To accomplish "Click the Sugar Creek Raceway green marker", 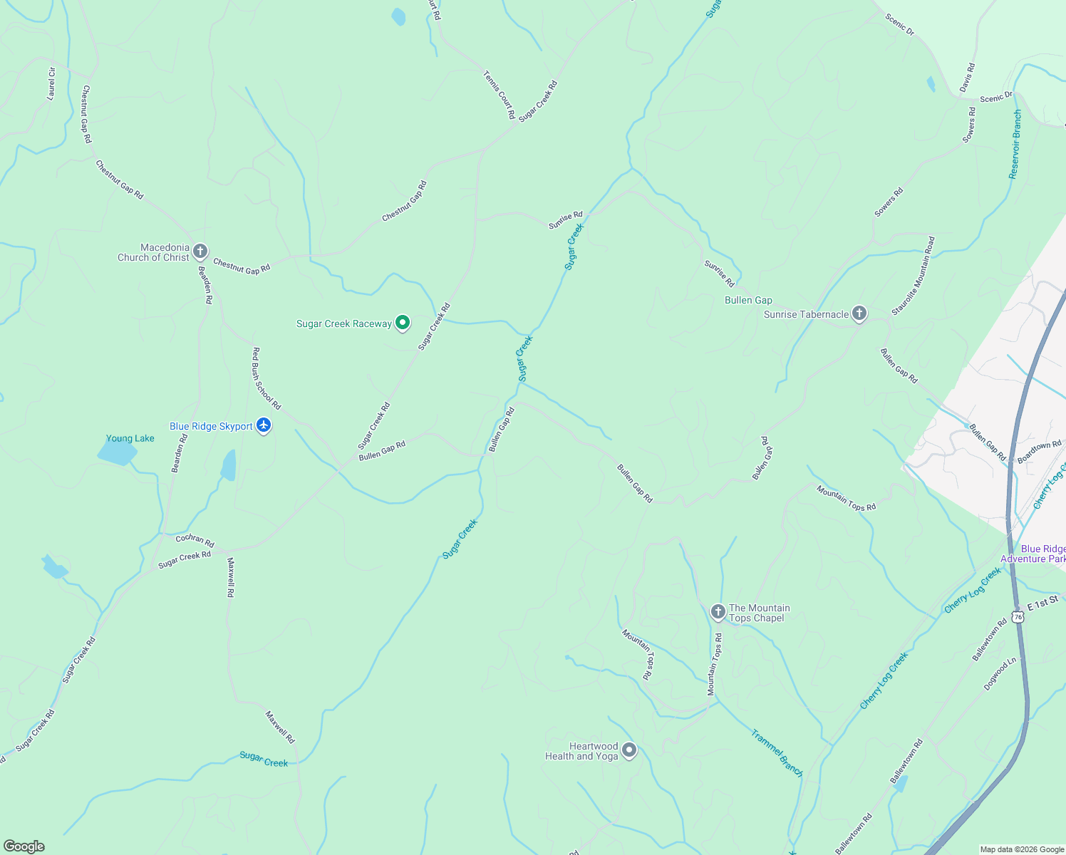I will (x=403, y=323).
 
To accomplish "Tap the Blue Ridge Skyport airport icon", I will (x=264, y=426).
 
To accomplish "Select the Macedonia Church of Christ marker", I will (x=200, y=252).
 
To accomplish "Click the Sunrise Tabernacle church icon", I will (x=859, y=313).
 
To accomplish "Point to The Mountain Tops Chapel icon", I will (x=718, y=612).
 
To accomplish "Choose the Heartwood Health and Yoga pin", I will (x=629, y=750).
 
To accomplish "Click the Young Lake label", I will (x=130, y=438).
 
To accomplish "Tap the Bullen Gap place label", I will (x=748, y=300).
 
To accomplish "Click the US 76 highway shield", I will (x=1018, y=616).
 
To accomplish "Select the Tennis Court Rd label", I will (x=499, y=94).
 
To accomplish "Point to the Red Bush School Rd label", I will (x=266, y=378).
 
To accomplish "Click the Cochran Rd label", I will (x=195, y=541).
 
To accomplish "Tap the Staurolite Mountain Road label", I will (x=914, y=276).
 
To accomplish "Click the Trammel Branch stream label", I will (x=777, y=752).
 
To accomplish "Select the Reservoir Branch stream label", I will (x=1015, y=144).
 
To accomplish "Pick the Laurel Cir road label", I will (x=51, y=83).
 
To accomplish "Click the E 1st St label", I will (x=1044, y=603).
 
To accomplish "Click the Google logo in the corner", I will (x=24, y=846).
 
